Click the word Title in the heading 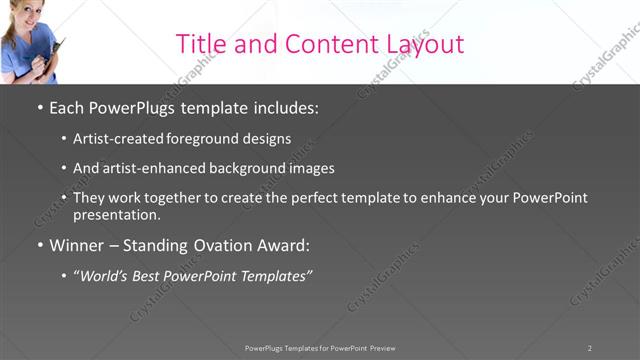point(200,44)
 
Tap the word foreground point(208,139)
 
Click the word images point(308,168)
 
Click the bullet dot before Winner point(39,245)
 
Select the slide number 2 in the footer point(590,348)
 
